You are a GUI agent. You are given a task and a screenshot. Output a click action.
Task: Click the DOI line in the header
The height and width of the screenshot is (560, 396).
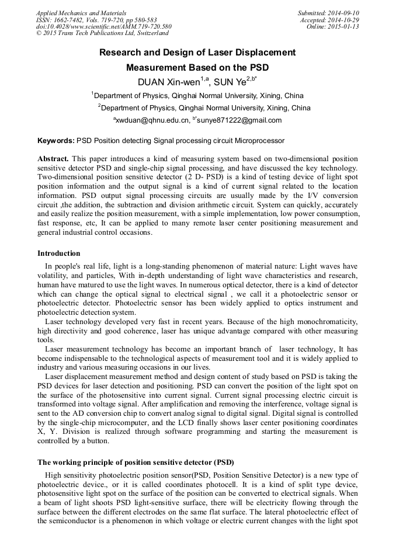(103, 26)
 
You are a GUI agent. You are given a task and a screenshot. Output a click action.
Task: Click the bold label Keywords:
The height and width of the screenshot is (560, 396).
(56, 141)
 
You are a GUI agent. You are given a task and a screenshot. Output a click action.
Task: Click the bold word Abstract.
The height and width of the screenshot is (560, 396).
(53, 159)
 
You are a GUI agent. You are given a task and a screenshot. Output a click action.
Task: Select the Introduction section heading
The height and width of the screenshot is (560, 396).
(59, 253)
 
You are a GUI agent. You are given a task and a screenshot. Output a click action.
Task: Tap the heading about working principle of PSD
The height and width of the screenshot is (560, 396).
(136, 462)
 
